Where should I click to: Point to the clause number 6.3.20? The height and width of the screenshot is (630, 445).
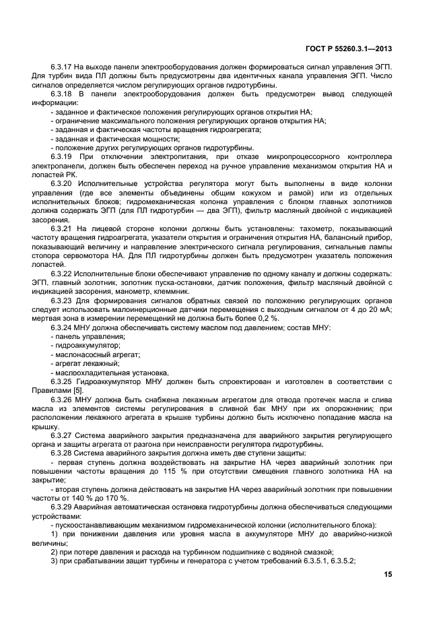[x=62, y=183]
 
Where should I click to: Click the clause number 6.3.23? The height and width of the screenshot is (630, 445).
[x=62, y=300]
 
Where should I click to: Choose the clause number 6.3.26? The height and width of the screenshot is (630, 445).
[x=62, y=400]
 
